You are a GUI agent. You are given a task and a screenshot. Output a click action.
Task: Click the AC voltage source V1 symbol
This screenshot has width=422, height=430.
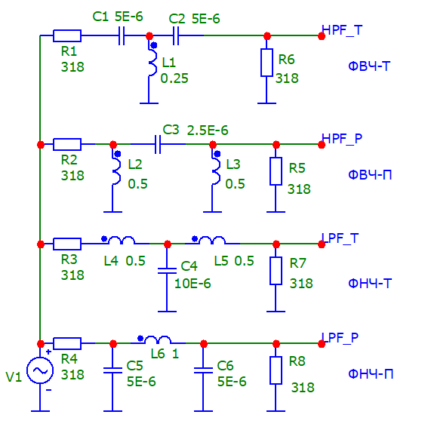(x=40, y=370)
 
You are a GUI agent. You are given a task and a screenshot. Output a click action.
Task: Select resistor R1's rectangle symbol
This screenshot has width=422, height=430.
(x=67, y=35)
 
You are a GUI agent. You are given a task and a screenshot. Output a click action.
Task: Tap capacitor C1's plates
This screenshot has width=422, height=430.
(x=122, y=35)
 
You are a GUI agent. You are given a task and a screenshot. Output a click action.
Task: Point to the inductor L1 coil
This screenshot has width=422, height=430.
(x=152, y=63)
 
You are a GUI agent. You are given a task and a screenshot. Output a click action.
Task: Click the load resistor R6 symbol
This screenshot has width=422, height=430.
(x=266, y=63)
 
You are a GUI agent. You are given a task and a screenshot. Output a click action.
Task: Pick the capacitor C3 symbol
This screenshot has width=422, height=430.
(x=158, y=144)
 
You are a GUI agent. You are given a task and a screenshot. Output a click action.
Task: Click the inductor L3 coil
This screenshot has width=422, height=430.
(x=216, y=170)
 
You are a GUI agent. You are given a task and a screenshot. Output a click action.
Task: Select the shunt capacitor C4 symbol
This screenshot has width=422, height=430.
(x=167, y=271)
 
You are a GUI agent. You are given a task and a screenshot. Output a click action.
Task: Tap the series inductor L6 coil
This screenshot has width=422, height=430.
(x=158, y=339)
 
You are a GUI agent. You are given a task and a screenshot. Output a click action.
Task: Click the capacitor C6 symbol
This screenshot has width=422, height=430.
(x=203, y=370)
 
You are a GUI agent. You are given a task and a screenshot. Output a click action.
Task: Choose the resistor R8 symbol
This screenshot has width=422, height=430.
(x=276, y=370)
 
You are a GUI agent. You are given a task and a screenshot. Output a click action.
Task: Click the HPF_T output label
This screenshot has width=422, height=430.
(x=342, y=31)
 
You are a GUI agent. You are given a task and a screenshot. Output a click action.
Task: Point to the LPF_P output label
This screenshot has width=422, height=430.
(x=340, y=338)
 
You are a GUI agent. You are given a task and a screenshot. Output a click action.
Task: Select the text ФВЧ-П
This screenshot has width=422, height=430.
(x=370, y=175)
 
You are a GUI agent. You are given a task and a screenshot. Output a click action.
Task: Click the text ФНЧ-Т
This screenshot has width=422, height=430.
(x=370, y=284)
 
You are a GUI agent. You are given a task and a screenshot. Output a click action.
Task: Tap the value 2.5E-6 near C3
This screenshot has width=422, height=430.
(x=208, y=131)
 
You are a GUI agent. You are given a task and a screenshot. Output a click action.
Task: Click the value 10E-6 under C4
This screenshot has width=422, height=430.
(x=193, y=284)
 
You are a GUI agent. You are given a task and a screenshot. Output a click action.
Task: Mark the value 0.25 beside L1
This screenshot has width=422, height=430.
(x=174, y=78)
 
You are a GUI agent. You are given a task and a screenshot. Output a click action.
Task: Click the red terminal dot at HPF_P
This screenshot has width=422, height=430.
(x=322, y=145)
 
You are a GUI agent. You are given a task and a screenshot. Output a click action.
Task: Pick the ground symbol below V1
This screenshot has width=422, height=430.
(x=40, y=411)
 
